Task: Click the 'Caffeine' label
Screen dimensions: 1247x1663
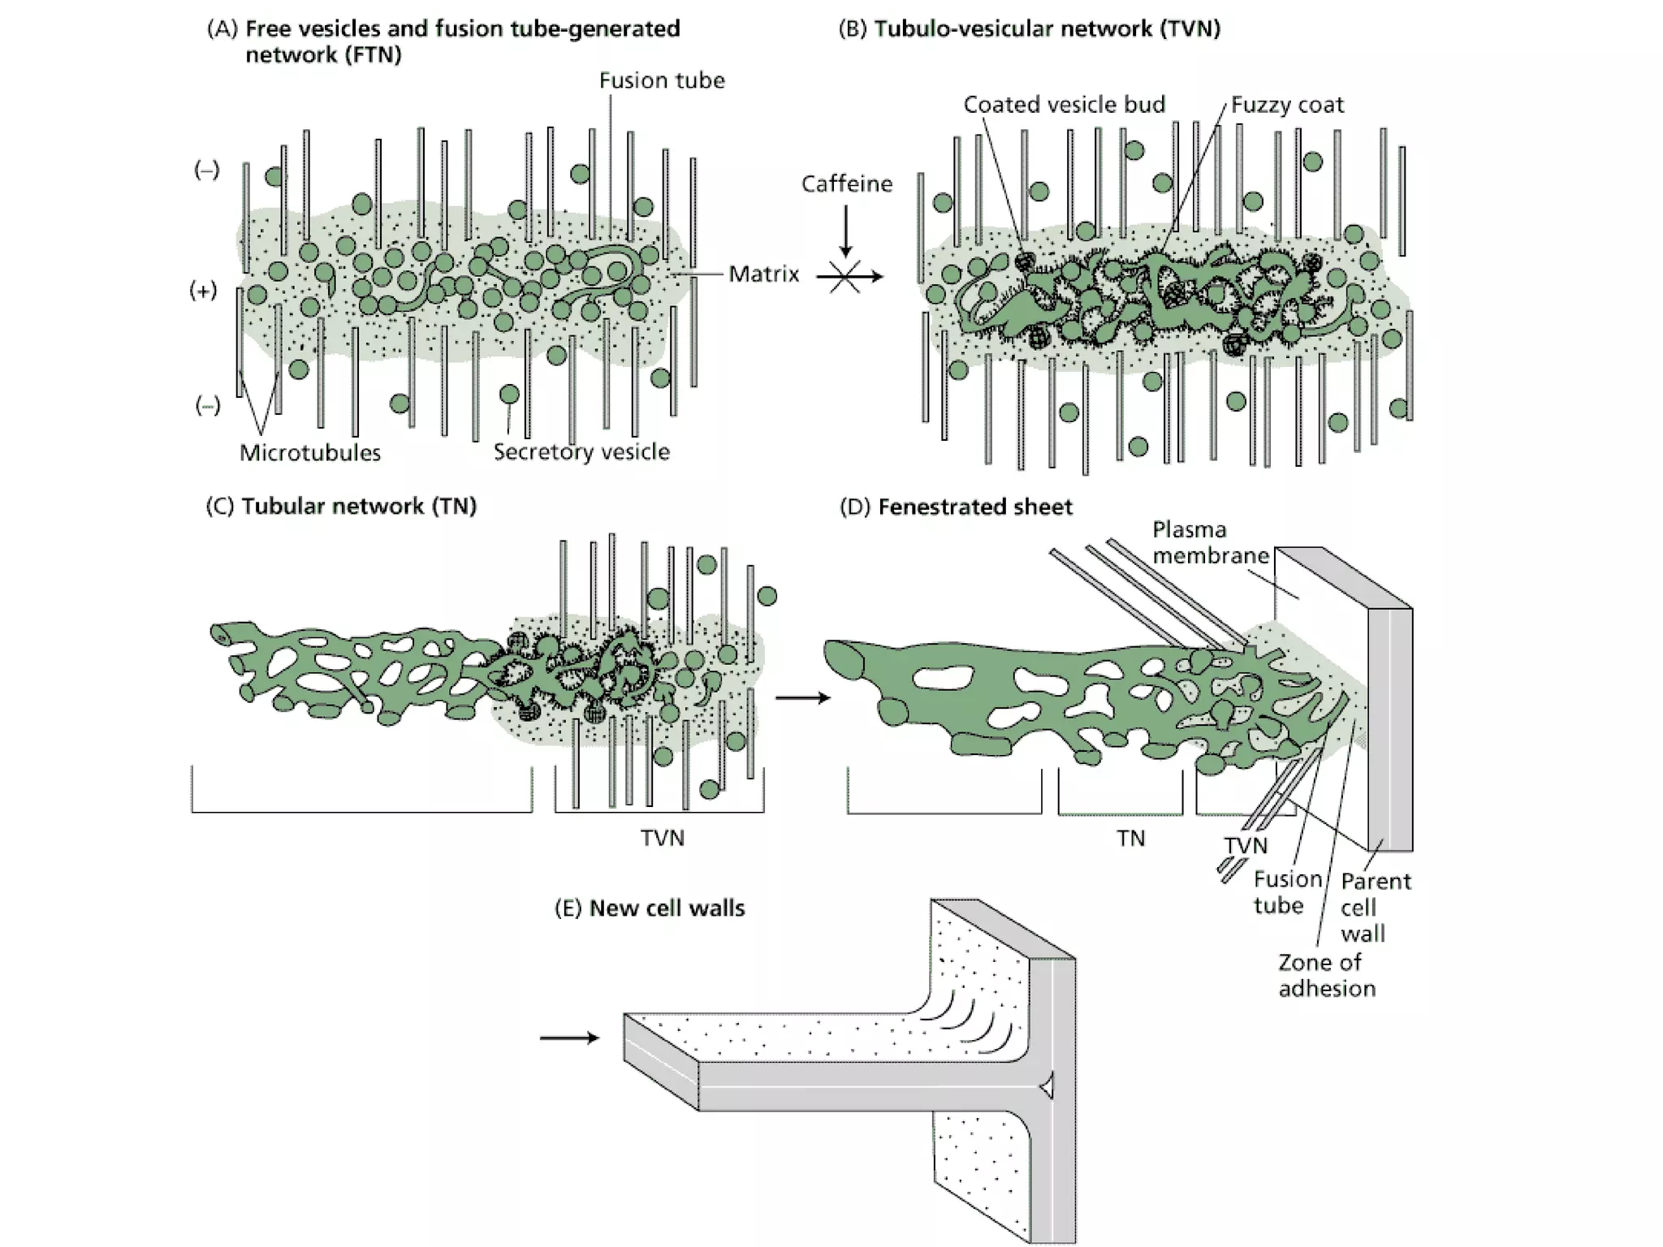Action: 846,184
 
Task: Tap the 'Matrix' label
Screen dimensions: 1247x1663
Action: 763,274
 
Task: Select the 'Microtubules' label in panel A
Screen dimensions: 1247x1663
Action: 309,453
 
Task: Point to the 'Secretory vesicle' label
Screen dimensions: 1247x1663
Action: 581,452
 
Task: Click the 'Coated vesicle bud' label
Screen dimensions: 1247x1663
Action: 1064,105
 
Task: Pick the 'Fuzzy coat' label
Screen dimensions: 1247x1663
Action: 1286,105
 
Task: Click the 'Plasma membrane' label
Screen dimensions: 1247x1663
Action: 1210,542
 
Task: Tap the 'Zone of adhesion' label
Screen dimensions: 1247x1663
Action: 1326,975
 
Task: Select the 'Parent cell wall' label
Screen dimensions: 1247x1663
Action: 1375,907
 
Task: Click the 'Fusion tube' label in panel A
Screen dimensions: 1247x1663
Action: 661,80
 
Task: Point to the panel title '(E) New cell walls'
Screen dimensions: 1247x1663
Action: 649,908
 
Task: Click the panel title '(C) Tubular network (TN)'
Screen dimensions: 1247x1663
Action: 341,507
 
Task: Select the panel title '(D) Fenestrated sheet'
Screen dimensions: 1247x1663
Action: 955,507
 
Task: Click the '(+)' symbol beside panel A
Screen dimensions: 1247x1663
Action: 203,291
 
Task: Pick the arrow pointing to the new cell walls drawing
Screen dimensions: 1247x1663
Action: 569,1038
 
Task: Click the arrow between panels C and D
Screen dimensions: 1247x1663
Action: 802,698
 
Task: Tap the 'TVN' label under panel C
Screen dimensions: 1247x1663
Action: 662,838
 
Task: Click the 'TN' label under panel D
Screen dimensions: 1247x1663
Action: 1130,838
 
